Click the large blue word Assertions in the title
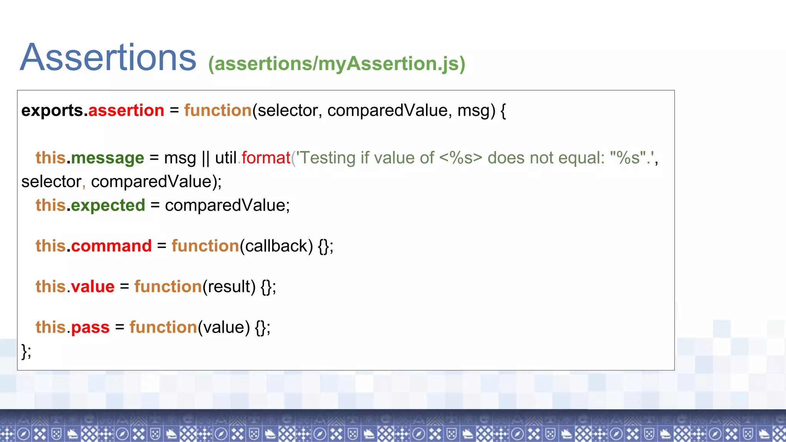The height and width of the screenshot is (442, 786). (108, 58)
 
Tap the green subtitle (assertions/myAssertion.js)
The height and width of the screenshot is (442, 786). (337, 64)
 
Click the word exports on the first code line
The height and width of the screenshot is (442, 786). (52, 111)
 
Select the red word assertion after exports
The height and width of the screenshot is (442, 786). (126, 110)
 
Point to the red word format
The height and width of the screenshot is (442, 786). (266, 158)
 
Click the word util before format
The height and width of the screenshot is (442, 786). (225, 158)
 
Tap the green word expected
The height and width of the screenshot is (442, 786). (108, 206)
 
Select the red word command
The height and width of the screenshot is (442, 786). (111, 246)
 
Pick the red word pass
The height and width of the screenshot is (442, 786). (90, 328)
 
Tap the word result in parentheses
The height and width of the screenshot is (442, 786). (229, 287)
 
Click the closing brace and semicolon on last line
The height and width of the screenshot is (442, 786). (26, 351)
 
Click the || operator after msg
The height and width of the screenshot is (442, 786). (205, 158)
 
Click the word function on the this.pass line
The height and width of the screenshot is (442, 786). (163, 327)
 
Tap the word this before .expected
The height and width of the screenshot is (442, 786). (51, 206)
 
